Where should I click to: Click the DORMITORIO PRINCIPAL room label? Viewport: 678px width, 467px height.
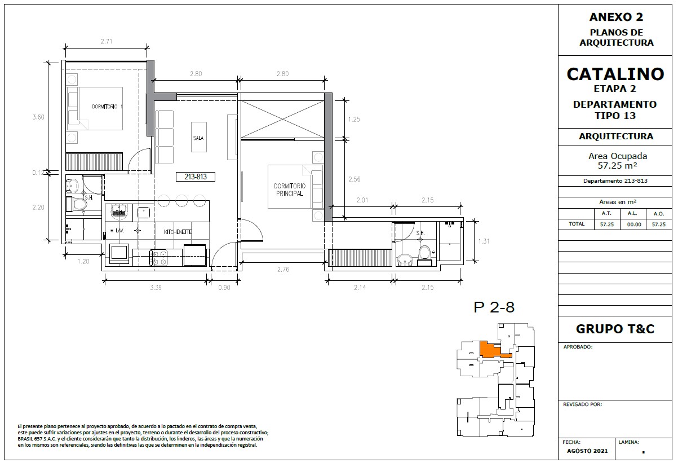[x=290, y=190]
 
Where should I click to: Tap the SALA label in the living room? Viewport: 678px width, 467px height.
[x=198, y=138]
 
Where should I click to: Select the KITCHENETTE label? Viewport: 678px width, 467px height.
[x=178, y=232]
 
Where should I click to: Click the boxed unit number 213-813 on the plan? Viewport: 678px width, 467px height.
[x=196, y=177]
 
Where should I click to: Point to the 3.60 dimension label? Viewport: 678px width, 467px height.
[x=38, y=117]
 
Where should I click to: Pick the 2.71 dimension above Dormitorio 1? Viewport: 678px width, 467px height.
[x=107, y=41]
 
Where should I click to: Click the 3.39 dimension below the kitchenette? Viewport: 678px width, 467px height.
[x=156, y=288]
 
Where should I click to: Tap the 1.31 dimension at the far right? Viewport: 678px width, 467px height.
[x=484, y=241]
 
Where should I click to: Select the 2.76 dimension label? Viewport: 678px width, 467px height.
[x=283, y=269]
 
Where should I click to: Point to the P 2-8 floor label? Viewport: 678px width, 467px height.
[x=494, y=307]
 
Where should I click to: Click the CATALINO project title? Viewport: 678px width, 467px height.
[x=615, y=74]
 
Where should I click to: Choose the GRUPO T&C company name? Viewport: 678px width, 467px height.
[x=615, y=329]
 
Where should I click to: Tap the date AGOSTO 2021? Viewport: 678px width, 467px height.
[x=587, y=451]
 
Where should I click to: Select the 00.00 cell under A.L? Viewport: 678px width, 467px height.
[x=634, y=224]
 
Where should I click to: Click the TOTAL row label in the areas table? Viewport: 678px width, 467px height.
[x=577, y=224]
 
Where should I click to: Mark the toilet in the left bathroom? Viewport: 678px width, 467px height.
[x=77, y=204]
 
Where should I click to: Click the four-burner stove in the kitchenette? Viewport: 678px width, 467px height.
[x=158, y=257]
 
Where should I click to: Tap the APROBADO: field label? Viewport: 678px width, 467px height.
[x=578, y=347]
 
